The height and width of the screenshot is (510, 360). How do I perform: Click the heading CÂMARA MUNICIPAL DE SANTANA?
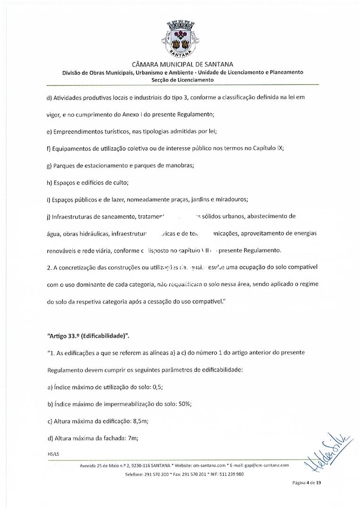179,64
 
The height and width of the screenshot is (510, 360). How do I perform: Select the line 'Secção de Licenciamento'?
179,80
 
